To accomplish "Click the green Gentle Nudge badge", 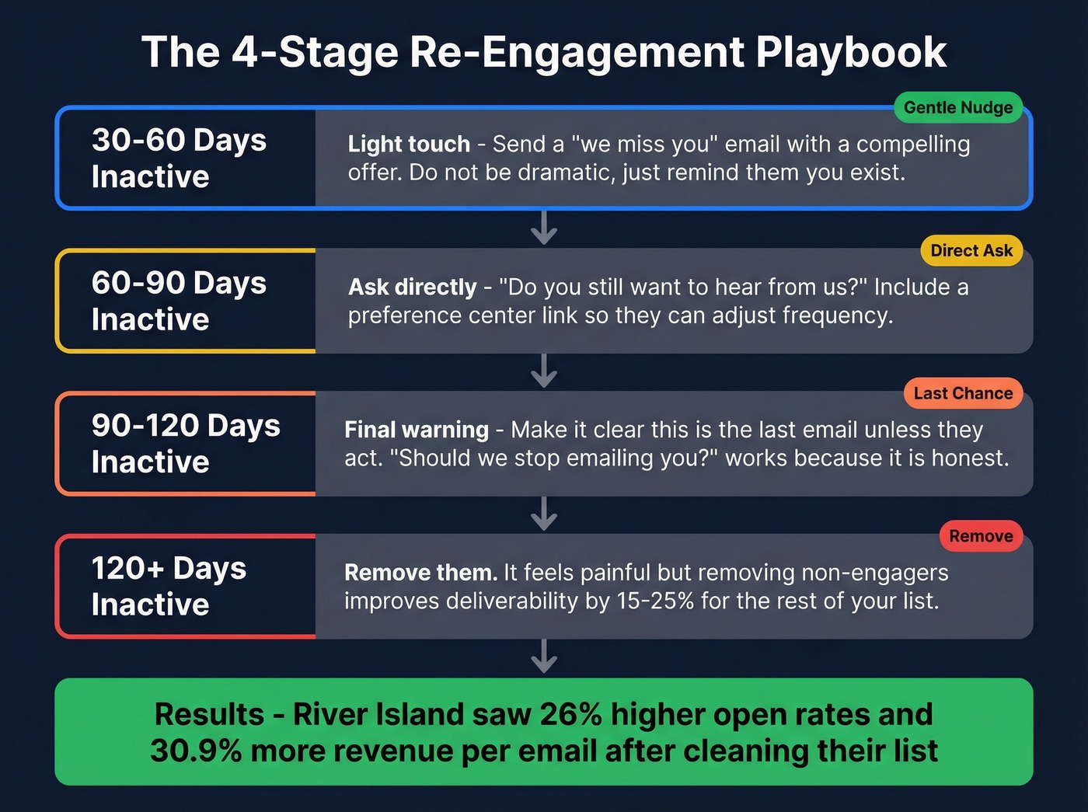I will [958, 107].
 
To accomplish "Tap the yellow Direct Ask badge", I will [971, 250].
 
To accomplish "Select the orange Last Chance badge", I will [963, 393].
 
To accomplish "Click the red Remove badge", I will [981, 536].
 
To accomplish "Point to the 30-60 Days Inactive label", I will [179, 158].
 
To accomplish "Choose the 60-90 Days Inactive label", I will [179, 301].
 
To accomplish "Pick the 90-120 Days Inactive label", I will [186, 444].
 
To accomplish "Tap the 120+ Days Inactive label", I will [169, 586].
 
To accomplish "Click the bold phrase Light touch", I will [409, 144].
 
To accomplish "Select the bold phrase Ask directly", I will [412, 287].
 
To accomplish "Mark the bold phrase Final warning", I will [417, 430].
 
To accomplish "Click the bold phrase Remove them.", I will [420, 573].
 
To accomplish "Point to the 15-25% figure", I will [655, 601].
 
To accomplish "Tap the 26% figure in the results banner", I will [570, 714].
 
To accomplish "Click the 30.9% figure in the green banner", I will [196, 751].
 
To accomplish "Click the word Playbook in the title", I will [851, 52].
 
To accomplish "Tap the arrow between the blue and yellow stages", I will [544, 228].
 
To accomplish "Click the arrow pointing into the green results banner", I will [544, 657].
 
